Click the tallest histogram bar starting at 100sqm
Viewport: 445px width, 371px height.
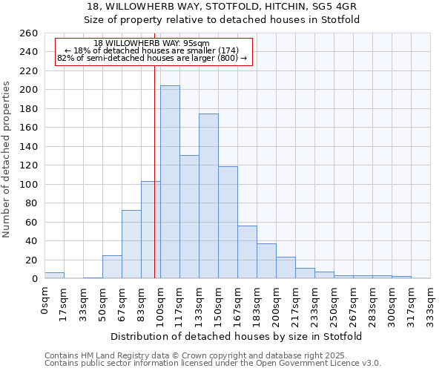170,182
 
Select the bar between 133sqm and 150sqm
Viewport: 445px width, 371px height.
208,196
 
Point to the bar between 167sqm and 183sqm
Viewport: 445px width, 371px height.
247,252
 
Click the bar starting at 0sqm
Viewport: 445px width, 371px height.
54,275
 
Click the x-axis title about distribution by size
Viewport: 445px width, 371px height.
237,336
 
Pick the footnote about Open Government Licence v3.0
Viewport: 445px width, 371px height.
212,363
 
